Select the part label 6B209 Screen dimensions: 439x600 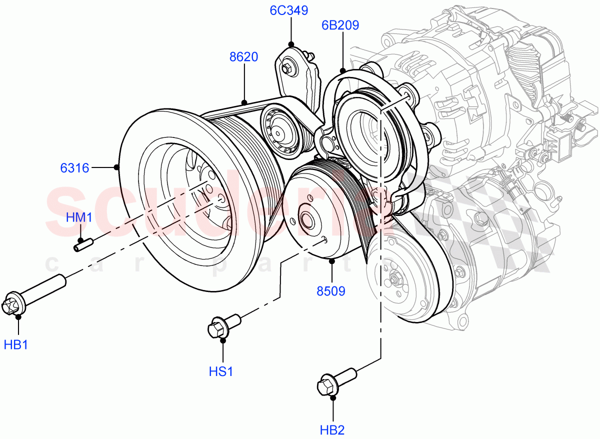tap(340, 25)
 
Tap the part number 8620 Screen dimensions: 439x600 tap(243, 57)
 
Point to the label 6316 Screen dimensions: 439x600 tap(75, 168)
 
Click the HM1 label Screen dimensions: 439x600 tap(79, 217)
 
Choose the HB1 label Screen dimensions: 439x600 tap(16, 345)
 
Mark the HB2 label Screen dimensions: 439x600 tap(332, 429)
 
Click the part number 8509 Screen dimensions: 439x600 tap(330, 290)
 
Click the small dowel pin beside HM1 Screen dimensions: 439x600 tap(84, 245)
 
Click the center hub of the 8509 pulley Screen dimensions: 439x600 tap(305, 219)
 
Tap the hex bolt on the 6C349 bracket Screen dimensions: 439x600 tap(287, 67)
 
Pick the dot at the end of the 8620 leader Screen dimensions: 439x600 tap(244, 101)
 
